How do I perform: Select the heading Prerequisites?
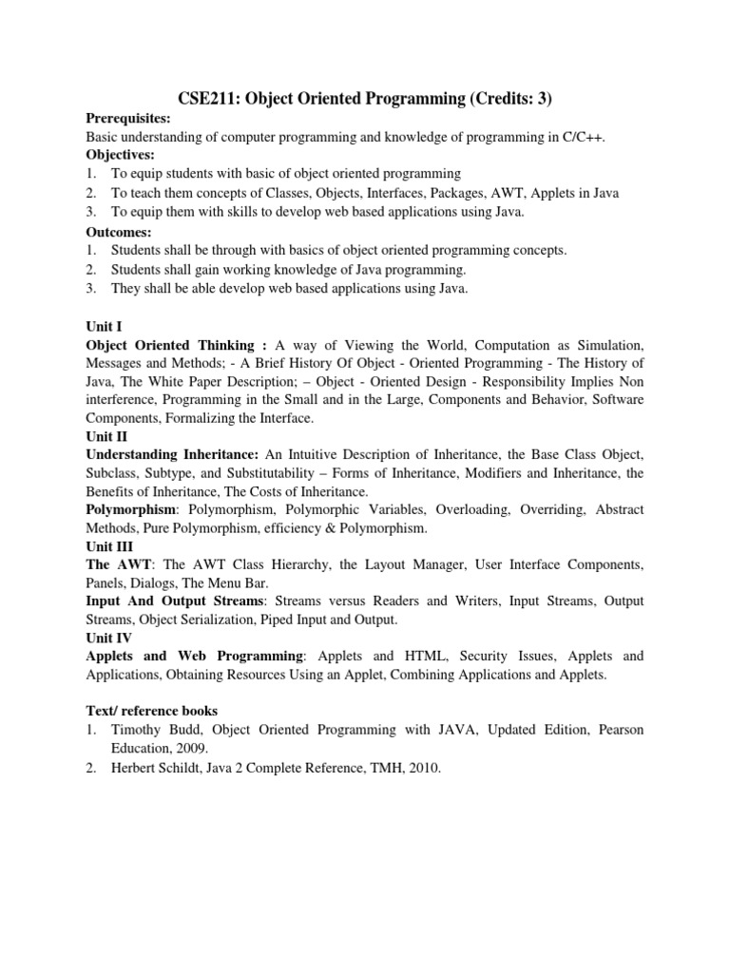(128, 119)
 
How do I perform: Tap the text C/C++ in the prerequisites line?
(583, 137)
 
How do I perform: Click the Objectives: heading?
(121, 155)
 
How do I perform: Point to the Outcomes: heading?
(119, 231)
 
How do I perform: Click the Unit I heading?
(103, 326)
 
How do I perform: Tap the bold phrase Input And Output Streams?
(173, 601)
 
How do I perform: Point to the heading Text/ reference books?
(152, 711)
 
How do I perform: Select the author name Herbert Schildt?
(156, 767)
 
